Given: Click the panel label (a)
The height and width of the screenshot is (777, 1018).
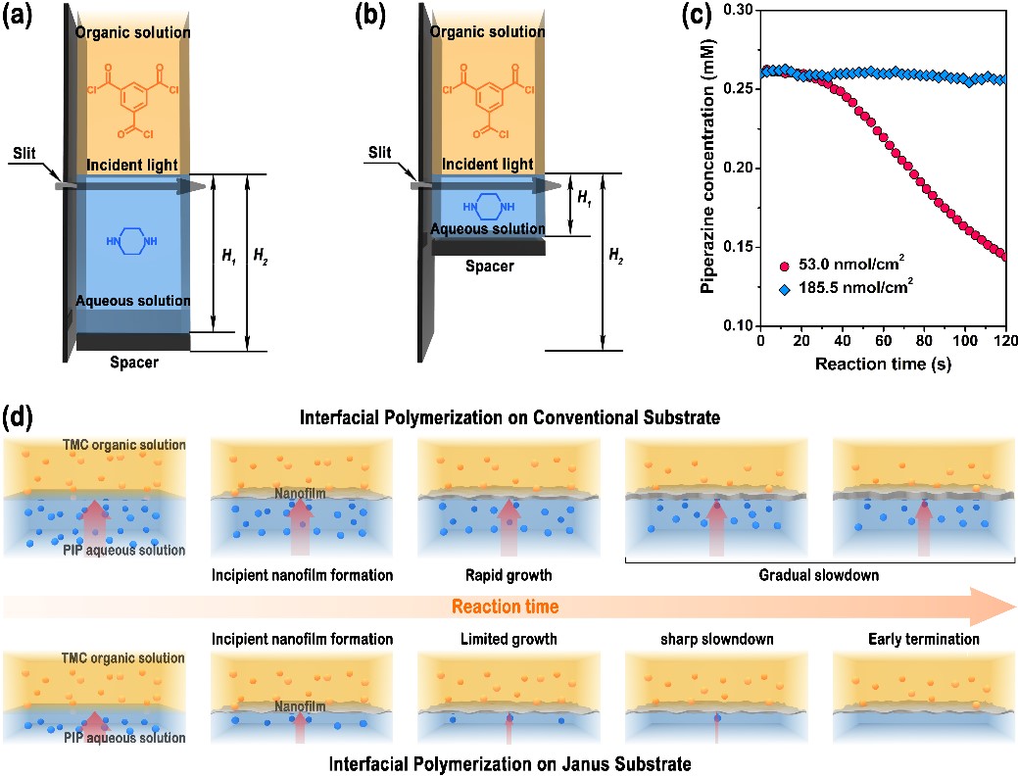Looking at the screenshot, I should [21, 19].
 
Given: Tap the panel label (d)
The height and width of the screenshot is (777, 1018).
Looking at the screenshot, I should [21, 416].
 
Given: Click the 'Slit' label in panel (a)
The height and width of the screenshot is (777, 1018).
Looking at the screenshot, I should [26, 154].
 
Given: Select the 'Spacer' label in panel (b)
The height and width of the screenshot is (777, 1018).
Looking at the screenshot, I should [488, 266].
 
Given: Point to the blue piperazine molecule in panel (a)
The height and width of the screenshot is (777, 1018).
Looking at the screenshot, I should [131, 241].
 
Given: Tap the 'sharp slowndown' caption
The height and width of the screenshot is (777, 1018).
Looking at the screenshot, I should [713, 639].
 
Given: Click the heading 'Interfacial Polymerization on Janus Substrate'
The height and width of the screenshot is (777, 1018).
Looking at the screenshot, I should [509, 760].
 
